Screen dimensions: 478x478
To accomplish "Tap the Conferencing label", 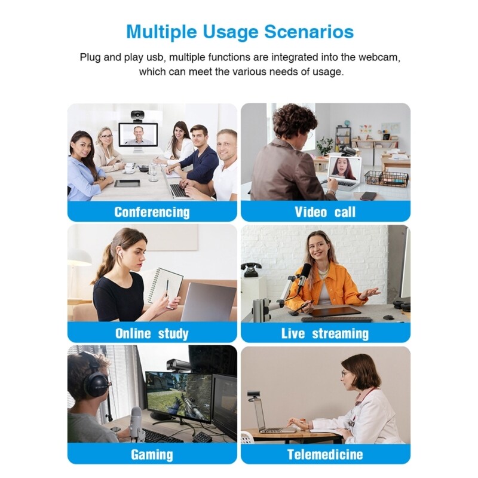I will (152, 212).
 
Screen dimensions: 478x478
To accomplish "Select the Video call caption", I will (325, 212).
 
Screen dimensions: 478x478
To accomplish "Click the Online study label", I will (152, 333).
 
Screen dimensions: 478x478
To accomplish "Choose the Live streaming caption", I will (325, 333).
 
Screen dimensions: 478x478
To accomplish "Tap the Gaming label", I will (152, 455).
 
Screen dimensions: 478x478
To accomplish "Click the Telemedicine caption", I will (325, 455).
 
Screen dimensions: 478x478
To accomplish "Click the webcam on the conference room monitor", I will (138, 115).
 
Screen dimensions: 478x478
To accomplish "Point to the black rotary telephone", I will (251, 270).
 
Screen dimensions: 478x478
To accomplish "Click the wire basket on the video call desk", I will (386, 178).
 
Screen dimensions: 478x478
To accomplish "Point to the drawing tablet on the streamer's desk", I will (337, 311).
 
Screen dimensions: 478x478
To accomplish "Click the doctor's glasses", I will (345, 374).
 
